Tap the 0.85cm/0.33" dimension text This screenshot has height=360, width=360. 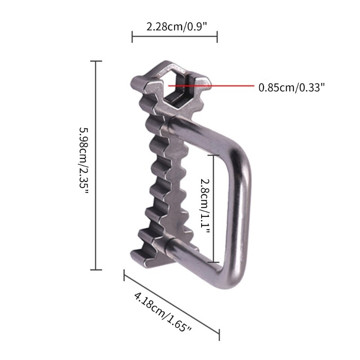point(291,87)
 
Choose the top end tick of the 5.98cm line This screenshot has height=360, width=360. point(96,61)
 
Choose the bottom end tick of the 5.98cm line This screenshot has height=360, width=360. point(96,270)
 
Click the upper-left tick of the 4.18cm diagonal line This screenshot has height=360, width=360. point(125,275)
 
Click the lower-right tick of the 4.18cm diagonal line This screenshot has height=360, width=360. point(219,335)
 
